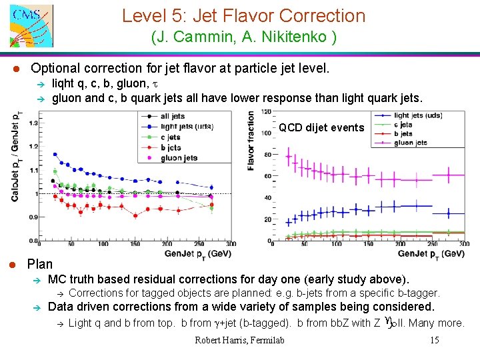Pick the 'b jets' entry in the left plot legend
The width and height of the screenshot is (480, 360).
tap(171, 147)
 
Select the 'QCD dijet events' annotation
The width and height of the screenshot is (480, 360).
tap(321, 127)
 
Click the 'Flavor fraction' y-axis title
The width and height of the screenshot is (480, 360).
tap(251, 141)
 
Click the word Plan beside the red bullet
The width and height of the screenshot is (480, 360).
tap(40, 264)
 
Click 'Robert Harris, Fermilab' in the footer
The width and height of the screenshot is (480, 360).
tap(239, 341)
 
